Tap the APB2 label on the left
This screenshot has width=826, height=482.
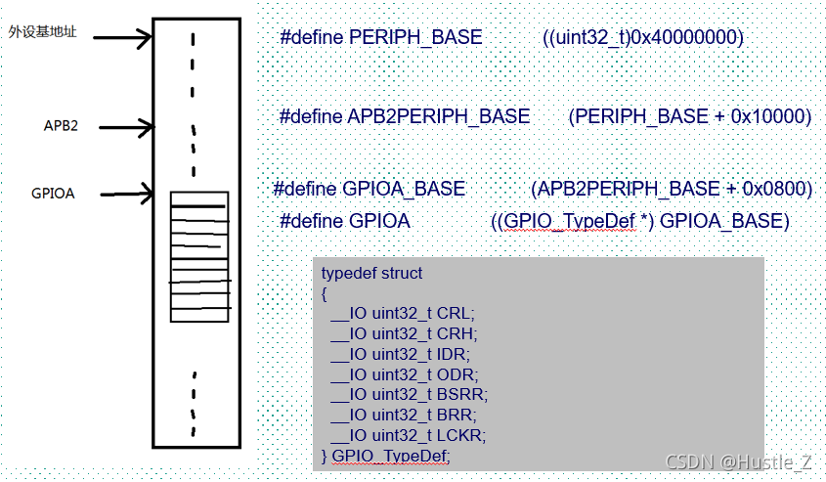[61, 126]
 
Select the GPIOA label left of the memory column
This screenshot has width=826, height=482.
[53, 193]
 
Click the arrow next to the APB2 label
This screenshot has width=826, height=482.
[126, 127]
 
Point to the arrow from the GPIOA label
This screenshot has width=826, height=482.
[127, 193]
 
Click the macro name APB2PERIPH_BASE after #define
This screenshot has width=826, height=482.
[438, 116]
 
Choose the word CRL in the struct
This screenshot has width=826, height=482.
[455, 314]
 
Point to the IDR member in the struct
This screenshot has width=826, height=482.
[454, 354]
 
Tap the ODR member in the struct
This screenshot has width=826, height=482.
[456, 373]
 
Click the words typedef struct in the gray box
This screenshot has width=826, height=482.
[371, 273]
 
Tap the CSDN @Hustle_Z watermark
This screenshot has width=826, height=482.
[739, 461]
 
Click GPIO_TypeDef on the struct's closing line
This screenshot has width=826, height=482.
[391, 456]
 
